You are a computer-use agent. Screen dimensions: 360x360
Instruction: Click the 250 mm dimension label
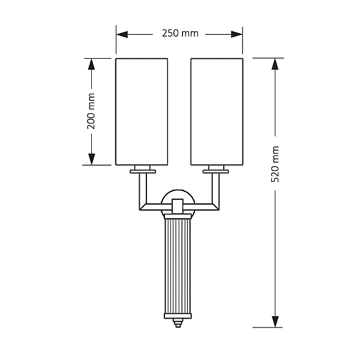pyautogui.click(x=180, y=34)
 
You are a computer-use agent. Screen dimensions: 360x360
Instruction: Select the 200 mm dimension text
pyautogui.click(x=91, y=111)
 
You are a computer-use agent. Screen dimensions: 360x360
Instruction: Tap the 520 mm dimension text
pyautogui.click(x=275, y=164)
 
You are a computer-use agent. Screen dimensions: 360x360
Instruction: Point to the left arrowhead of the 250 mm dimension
pyautogui.click(x=122, y=34)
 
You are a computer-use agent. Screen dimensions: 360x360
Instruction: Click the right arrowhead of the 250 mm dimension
pyautogui.click(x=237, y=34)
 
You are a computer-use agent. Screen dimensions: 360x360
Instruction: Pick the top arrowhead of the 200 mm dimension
pyautogui.click(x=91, y=64)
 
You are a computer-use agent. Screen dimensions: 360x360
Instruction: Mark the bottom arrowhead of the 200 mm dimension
pyautogui.click(x=91, y=159)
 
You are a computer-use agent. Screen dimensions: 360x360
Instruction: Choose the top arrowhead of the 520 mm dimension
pyautogui.click(x=275, y=64)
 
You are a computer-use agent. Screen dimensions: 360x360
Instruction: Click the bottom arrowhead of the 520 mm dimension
pyautogui.click(x=275, y=322)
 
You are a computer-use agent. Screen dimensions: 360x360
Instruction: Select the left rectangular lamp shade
pyautogui.click(x=142, y=112)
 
